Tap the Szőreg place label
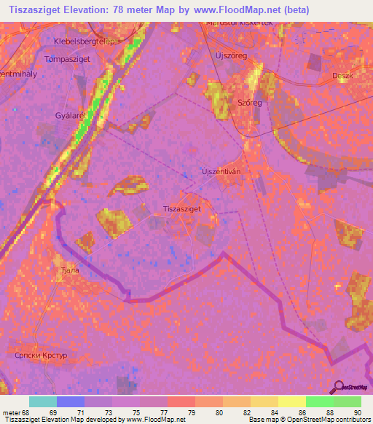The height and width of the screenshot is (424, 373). pyautogui.click(x=249, y=103)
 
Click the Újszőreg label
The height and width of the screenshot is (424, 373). pyautogui.click(x=232, y=55)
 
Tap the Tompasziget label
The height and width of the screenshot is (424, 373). pyautogui.click(x=67, y=59)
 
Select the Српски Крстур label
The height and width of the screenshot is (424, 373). pyautogui.click(x=41, y=356)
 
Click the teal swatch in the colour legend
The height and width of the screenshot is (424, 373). pyautogui.click(x=43, y=401)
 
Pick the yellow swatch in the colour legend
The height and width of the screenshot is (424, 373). pyautogui.click(x=292, y=401)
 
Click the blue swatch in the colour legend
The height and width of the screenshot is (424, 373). pyautogui.click(x=71, y=401)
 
